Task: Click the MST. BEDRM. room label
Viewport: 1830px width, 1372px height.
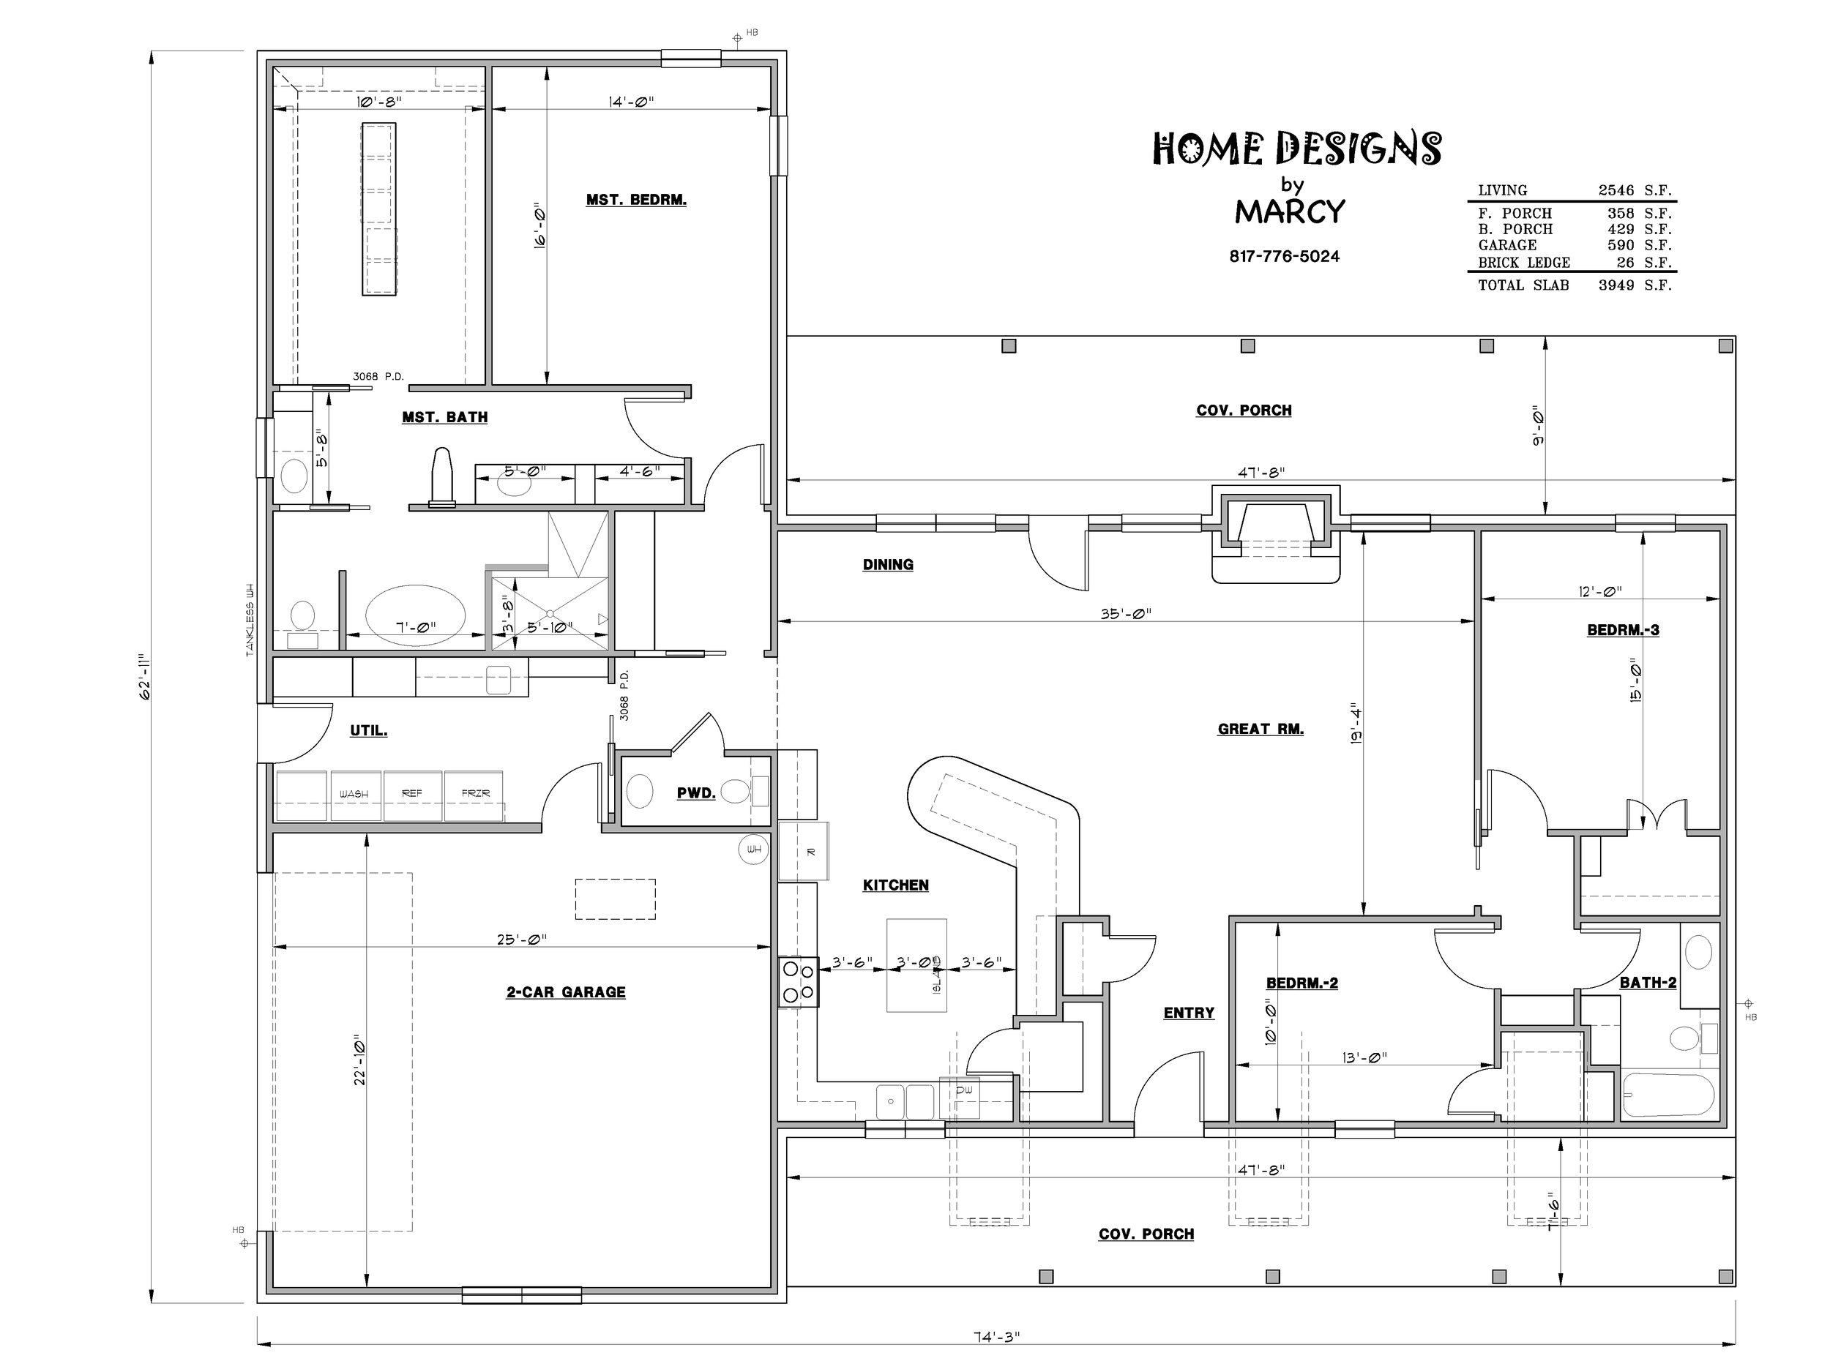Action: coord(636,200)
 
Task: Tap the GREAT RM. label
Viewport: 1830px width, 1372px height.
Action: coord(1260,729)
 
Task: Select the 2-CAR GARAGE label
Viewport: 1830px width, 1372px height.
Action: coord(566,991)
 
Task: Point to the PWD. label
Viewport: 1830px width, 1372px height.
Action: coord(695,793)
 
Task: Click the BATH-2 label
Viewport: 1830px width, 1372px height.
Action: coord(1648,983)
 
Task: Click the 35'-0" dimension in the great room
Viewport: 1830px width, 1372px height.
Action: coord(1126,614)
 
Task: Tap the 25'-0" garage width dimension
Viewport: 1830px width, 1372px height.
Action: coord(522,940)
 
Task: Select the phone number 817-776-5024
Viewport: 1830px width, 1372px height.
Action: coord(1284,256)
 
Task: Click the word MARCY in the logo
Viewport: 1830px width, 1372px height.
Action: coord(1290,211)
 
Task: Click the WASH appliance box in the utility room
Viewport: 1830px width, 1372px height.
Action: coord(356,795)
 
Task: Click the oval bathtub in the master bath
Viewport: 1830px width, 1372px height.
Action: coord(415,616)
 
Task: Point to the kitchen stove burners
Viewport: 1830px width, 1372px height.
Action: coord(799,982)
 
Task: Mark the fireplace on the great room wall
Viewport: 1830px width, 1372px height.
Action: coord(1275,536)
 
